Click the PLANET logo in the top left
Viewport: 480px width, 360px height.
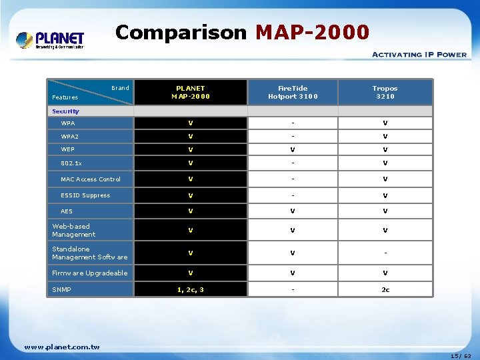pyautogui.click(x=51, y=40)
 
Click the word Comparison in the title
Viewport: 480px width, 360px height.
pyautogui.click(x=180, y=31)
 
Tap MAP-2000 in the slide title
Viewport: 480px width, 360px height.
pyautogui.click(x=312, y=31)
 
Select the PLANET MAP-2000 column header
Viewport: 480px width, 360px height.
pyautogui.click(x=190, y=92)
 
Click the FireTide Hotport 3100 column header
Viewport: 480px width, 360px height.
pyautogui.click(x=293, y=92)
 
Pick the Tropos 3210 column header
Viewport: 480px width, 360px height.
pyautogui.click(x=385, y=92)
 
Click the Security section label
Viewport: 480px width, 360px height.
pyautogui.click(x=65, y=111)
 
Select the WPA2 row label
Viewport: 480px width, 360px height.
pyautogui.click(x=69, y=137)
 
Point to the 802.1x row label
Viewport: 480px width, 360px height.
pyautogui.click(x=71, y=163)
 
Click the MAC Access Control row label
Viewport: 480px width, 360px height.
pyautogui.click(x=91, y=179)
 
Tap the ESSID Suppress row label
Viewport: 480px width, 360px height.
pyautogui.click(x=85, y=195)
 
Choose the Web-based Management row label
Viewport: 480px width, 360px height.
pyautogui.click(x=74, y=231)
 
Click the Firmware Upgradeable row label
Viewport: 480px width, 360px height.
pyautogui.click(x=90, y=273)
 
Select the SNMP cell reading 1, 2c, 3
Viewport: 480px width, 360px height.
pyautogui.click(x=190, y=290)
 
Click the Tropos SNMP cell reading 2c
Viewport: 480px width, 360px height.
pyautogui.click(x=385, y=290)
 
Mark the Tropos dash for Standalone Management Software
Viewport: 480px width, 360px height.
pyautogui.click(x=385, y=253)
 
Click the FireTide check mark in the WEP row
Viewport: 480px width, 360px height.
pyautogui.click(x=293, y=150)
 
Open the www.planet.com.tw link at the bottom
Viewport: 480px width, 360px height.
pyautogui.click(x=61, y=347)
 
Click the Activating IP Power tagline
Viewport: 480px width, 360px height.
pyautogui.click(x=419, y=55)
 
